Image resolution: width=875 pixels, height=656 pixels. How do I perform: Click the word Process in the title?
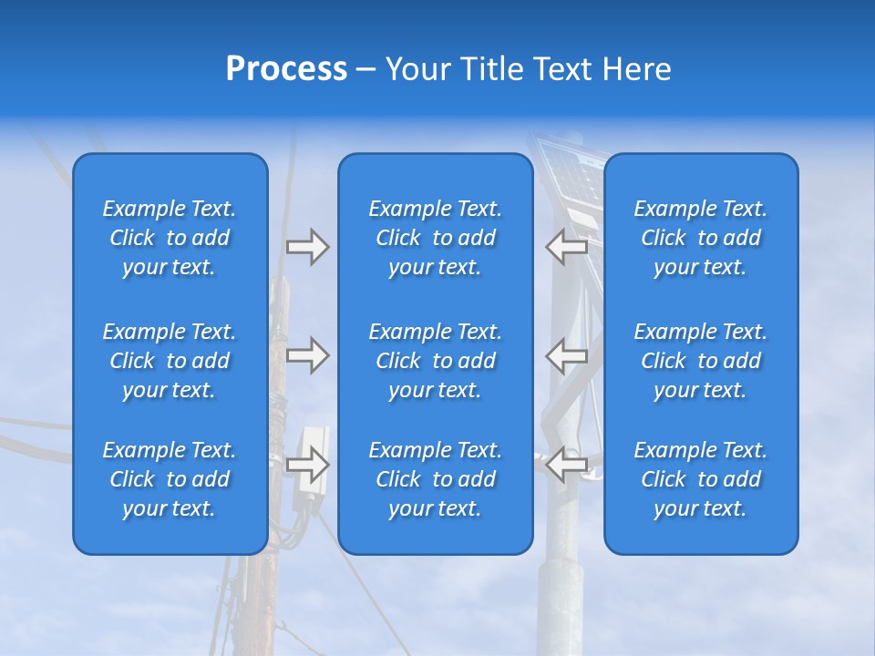(286, 69)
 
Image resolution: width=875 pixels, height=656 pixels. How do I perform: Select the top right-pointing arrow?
(307, 247)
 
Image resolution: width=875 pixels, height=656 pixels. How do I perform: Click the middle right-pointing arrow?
(307, 355)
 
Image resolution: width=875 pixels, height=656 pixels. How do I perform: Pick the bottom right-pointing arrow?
(307, 465)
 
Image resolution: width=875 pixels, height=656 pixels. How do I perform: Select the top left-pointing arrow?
(567, 247)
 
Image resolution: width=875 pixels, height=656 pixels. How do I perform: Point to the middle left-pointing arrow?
(567, 355)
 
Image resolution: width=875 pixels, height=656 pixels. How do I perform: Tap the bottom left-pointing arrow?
(567, 465)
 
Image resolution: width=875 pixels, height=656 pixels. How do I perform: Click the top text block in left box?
(170, 238)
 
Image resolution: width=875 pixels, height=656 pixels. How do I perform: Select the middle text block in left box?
(170, 361)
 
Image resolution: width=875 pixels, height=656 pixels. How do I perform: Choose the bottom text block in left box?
(170, 479)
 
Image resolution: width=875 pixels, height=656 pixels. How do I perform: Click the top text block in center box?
(435, 238)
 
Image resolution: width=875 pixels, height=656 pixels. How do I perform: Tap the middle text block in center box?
(435, 361)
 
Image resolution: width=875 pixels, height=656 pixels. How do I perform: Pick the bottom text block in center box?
(435, 479)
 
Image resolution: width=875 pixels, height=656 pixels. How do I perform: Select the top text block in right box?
(700, 238)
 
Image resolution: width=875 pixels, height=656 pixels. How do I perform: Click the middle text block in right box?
(700, 361)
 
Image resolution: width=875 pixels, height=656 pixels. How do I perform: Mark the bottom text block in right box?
(700, 479)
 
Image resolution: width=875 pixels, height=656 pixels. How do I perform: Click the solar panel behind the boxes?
(570, 178)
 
